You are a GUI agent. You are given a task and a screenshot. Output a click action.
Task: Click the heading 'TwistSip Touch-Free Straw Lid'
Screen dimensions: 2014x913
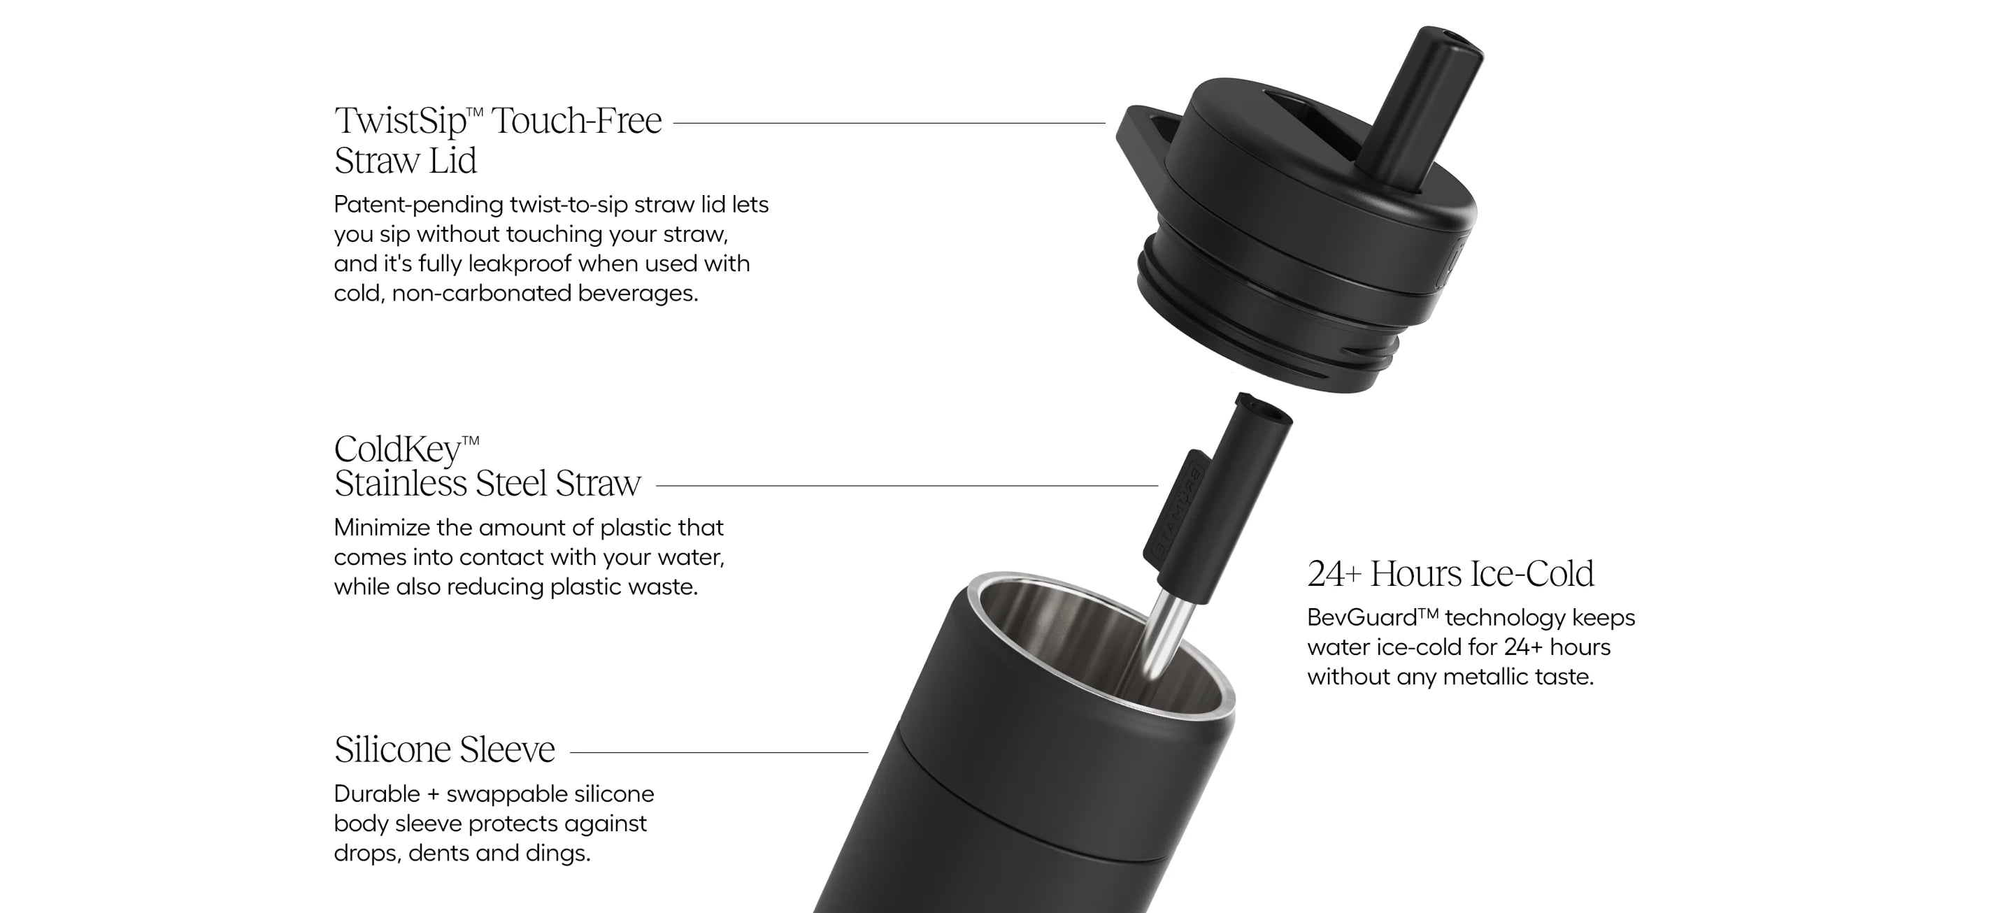[x=498, y=141]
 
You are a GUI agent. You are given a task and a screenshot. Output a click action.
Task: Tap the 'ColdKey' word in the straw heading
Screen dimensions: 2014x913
[x=397, y=450]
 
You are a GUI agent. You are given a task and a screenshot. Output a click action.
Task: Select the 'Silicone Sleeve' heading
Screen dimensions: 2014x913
[x=445, y=749]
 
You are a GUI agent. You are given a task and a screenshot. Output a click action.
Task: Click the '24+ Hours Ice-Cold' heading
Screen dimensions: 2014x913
[x=1450, y=574]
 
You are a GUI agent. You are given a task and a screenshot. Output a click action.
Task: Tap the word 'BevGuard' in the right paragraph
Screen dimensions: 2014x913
[x=1361, y=617]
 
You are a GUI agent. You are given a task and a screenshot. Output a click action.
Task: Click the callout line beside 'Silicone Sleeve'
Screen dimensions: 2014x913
[x=720, y=753]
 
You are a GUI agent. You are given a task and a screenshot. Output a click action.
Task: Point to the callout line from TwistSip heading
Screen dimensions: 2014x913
[x=890, y=123]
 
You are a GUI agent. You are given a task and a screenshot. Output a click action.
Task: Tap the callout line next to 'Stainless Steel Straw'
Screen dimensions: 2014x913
[x=907, y=485]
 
